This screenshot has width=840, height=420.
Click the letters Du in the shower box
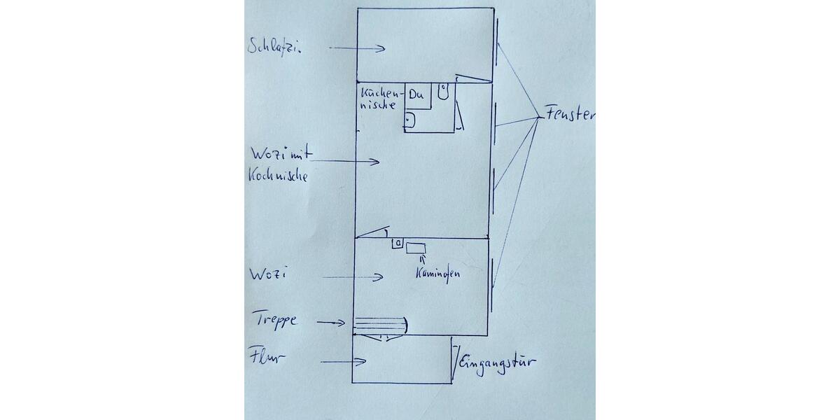[417, 94]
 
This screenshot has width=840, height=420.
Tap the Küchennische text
[380, 99]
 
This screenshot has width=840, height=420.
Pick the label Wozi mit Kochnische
[278, 164]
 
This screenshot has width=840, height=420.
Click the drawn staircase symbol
[379, 324]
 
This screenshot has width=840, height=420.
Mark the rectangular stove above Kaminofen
[417, 248]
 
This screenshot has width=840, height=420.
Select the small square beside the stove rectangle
[398, 244]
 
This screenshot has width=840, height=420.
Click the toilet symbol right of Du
[443, 90]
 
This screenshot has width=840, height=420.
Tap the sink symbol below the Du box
[409, 120]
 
